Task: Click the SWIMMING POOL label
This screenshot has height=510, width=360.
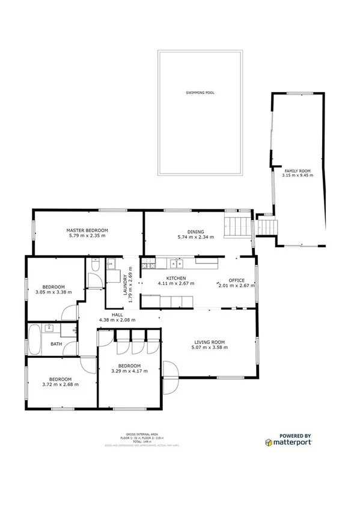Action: click(x=200, y=93)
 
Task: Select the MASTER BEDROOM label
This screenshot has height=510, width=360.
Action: click(x=87, y=230)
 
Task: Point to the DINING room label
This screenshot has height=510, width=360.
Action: click(x=195, y=232)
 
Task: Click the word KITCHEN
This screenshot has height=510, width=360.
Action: click(x=168, y=278)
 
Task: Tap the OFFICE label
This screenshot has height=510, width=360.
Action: click(x=236, y=280)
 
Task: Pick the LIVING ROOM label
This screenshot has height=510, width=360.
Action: click(x=207, y=342)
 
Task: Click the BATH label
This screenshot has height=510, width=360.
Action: click(x=56, y=345)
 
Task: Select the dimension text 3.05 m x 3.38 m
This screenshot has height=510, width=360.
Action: click(x=53, y=292)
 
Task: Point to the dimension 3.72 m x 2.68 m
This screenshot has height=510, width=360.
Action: click(x=61, y=384)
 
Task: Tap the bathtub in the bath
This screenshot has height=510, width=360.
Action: click(x=34, y=339)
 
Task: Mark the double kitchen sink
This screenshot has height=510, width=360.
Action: click(x=177, y=263)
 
